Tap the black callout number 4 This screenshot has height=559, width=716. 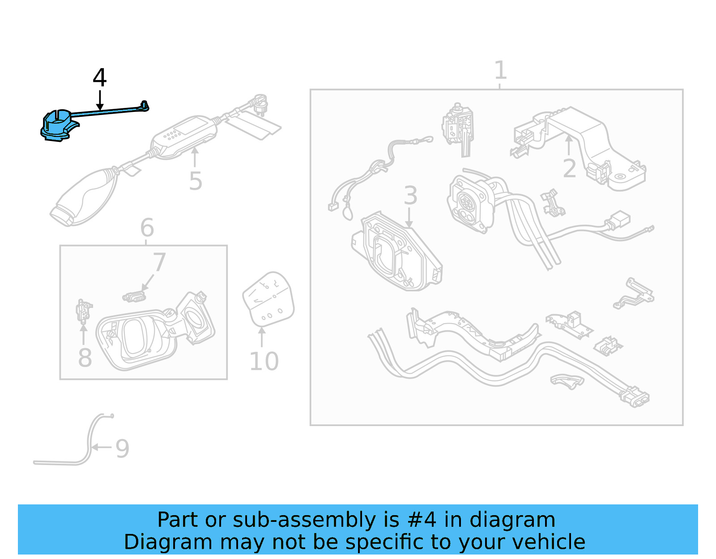coord(99,78)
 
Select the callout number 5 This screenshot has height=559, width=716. coord(196,181)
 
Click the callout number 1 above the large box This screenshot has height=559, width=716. coord(500,70)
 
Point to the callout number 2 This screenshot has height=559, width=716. coord(569,169)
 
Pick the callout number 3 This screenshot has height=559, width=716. coord(410,196)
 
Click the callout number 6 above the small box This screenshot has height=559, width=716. coord(147,228)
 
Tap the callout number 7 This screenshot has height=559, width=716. coord(159,262)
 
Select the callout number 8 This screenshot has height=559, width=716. coord(85,358)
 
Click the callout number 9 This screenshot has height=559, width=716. coord(122,448)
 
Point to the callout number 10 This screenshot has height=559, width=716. coord(264,362)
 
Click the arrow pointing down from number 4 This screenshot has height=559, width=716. coord(100,101)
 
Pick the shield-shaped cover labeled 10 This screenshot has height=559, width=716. coord(268,299)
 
